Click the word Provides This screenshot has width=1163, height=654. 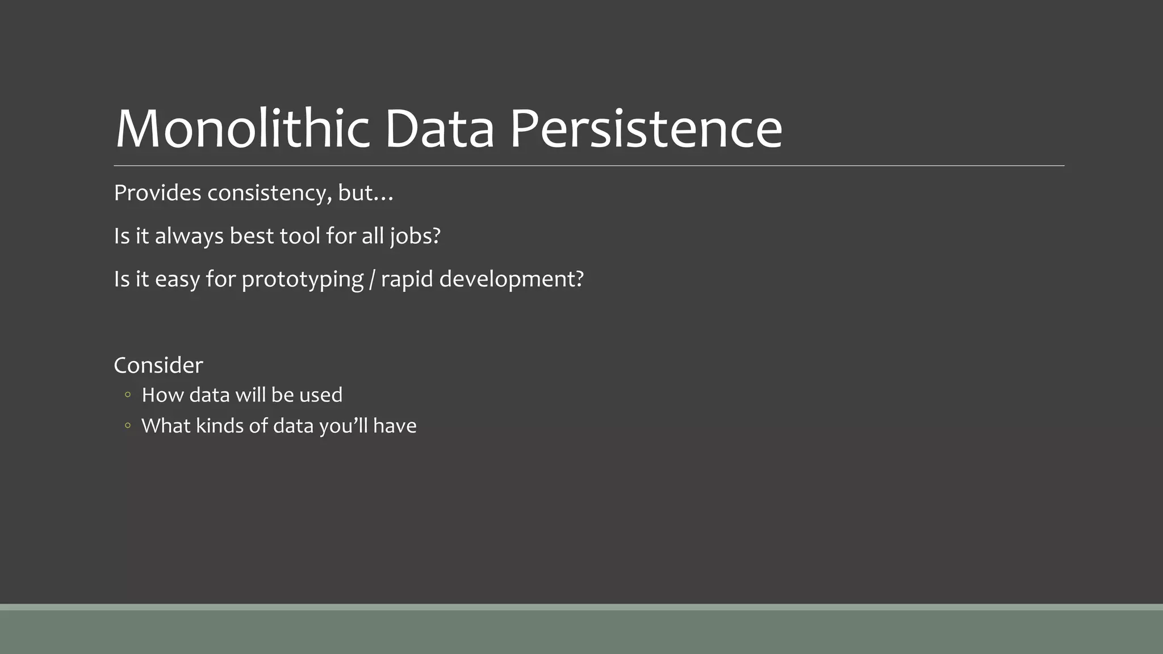(x=157, y=193)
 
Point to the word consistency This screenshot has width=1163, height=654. (x=269, y=194)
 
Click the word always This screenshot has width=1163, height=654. (x=189, y=236)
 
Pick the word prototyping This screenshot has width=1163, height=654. (x=302, y=279)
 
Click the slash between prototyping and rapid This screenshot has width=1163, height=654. (x=372, y=279)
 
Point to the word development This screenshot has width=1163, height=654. (x=511, y=279)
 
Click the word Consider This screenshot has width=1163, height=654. (x=158, y=365)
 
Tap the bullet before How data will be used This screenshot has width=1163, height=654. (x=128, y=395)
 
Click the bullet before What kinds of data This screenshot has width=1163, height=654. (x=128, y=425)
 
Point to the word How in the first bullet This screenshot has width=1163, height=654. (x=162, y=395)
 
